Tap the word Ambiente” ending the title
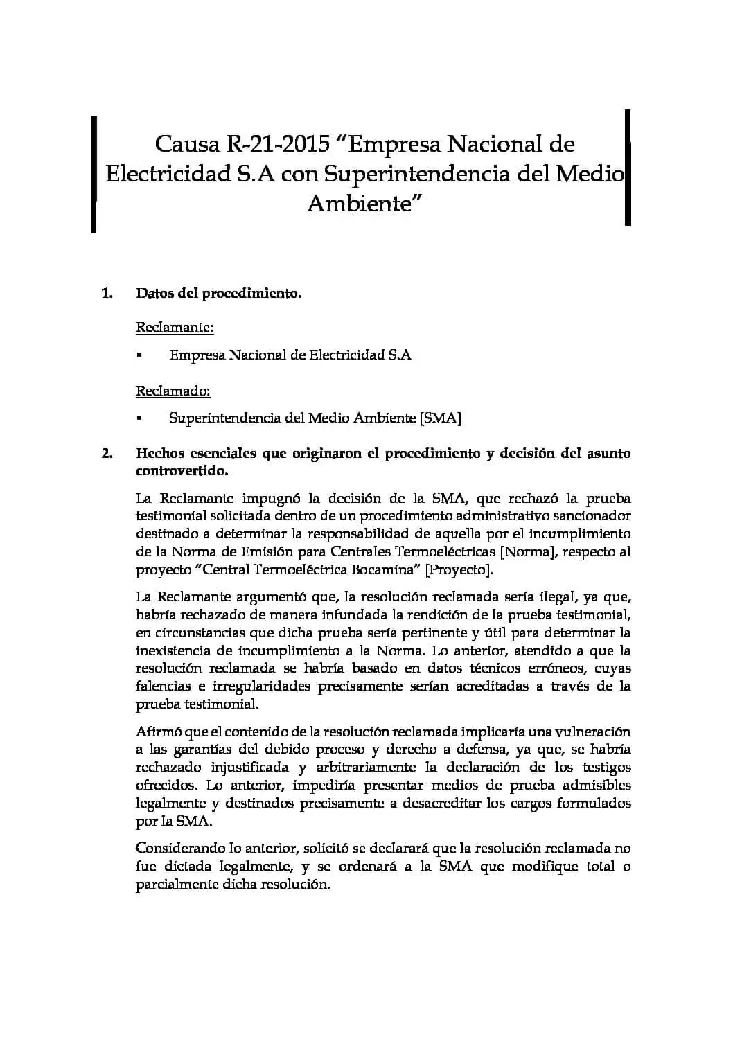[364, 204]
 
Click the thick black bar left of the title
[93, 173]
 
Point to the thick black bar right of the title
[628, 167]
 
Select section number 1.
[107, 294]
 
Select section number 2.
[107, 454]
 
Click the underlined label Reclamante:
[175, 327]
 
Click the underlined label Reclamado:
[173, 391]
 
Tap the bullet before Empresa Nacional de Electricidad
[139, 355]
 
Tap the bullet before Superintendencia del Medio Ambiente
[139, 418]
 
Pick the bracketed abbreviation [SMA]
[441, 418]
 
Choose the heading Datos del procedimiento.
[219, 294]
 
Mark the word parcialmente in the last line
[177, 885]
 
